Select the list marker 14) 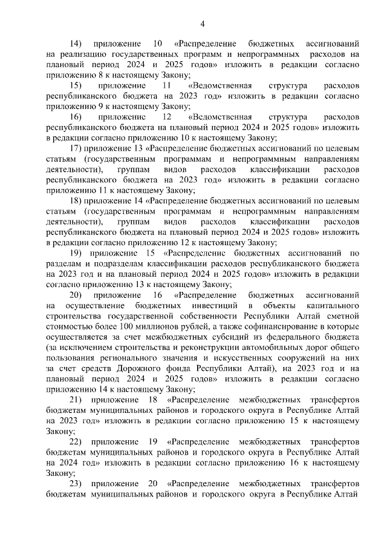76,44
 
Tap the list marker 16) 76,117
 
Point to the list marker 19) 76,253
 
